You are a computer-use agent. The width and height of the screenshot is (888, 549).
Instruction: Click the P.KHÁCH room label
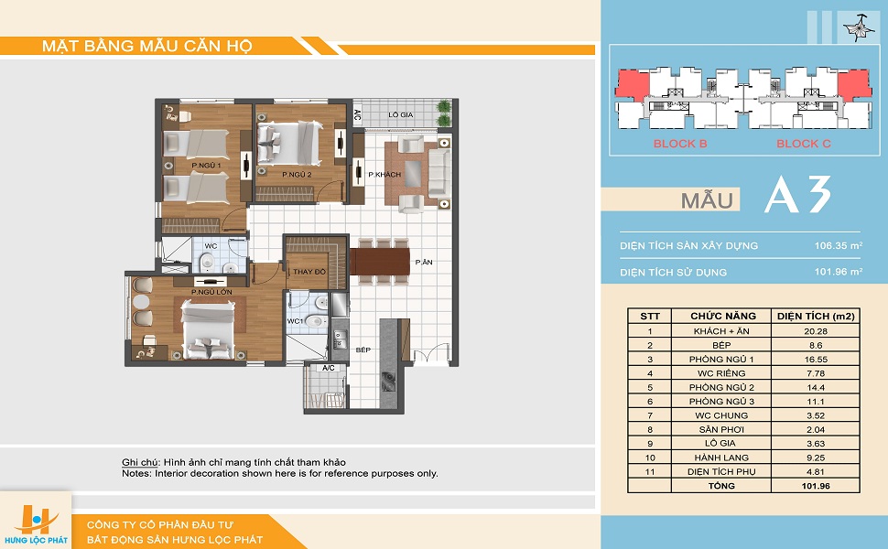(x=384, y=175)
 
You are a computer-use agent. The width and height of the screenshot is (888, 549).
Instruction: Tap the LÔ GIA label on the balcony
(x=400, y=115)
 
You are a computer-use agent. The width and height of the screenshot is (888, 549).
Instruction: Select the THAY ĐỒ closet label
(x=309, y=272)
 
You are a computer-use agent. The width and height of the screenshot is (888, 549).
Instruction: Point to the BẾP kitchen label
(x=363, y=350)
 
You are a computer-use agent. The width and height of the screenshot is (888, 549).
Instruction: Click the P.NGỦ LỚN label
(x=211, y=292)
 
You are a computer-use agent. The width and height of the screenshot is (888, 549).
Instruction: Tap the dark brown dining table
(x=379, y=262)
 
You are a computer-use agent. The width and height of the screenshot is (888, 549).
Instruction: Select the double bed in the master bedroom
(x=207, y=329)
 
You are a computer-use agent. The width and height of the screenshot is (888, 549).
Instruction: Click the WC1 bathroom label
(x=295, y=321)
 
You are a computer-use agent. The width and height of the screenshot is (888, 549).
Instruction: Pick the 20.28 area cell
(x=816, y=331)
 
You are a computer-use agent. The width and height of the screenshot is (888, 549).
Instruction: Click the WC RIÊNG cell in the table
(x=721, y=373)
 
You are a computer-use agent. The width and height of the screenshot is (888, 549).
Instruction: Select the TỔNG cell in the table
(x=721, y=486)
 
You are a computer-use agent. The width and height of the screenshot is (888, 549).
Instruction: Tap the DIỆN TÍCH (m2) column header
(x=816, y=316)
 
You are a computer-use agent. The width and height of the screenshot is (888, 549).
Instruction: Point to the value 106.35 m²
(x=839, y=245)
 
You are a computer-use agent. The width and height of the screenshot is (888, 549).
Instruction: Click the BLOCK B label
(x=680, y=144)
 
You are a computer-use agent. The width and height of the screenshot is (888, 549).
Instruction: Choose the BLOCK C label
(x=804, y=144)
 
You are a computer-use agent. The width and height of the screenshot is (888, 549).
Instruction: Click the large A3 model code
(x=798, y=194)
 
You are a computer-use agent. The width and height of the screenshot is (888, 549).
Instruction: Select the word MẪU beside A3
(x=707, y=200)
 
